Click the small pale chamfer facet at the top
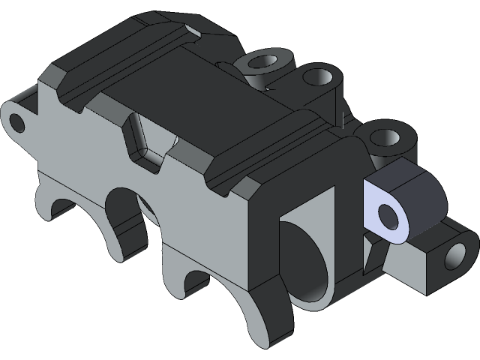coord(194,30)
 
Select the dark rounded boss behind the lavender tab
coord(416,196)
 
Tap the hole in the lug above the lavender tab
coord(384,138)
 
